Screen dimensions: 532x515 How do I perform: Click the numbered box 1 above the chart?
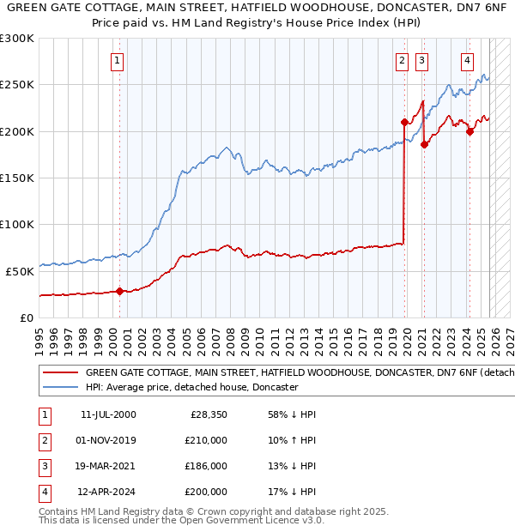pos(117,61)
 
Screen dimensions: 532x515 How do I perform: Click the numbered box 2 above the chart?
pos(402,61)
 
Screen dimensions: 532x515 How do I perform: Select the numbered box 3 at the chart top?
pos(421,61)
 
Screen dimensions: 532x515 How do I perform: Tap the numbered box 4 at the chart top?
pos(467,61)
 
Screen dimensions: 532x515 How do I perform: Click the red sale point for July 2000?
pos(119,291)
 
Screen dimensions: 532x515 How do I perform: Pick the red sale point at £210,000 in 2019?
pos(404,122)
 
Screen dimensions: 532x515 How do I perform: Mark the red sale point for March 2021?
pos(424,144)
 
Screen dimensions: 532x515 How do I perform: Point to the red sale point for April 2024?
pos(470,131)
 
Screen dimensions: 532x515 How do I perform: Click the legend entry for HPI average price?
pos(191,387)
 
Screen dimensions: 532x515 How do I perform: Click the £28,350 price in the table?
pos(209,414)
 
